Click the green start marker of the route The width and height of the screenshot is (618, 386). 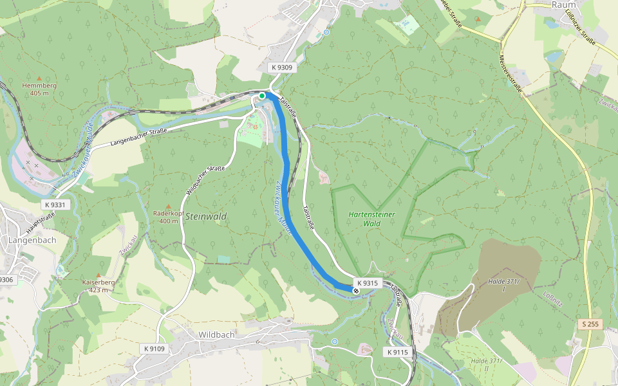pyautogui.click(x=262, y=96)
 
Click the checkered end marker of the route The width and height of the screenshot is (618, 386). pyautogui.click(x=355, y=291)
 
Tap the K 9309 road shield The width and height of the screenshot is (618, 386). pyautogui.click(x=281, y=68)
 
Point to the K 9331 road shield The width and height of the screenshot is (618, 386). pyautogui.click(x=55, y=205)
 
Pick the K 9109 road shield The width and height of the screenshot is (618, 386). pyautogui.click(x=154, y=349)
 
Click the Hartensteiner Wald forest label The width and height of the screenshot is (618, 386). pyautogui.click(x=371, y=219)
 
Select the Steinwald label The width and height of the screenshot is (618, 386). pyautogui.click(x=205, y=217)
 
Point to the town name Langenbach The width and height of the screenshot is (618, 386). pyautogui.click(x=32, y=240)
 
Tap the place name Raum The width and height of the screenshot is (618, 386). pyautogui.click(x=563, y=5)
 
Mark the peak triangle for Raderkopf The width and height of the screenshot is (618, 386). pyautogui.click(x=169, y=206)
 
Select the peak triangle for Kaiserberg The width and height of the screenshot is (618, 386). pyautogui.click(x=98, y=275)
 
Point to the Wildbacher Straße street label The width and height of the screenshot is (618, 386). pyautogui.click(x=205, y=181)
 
